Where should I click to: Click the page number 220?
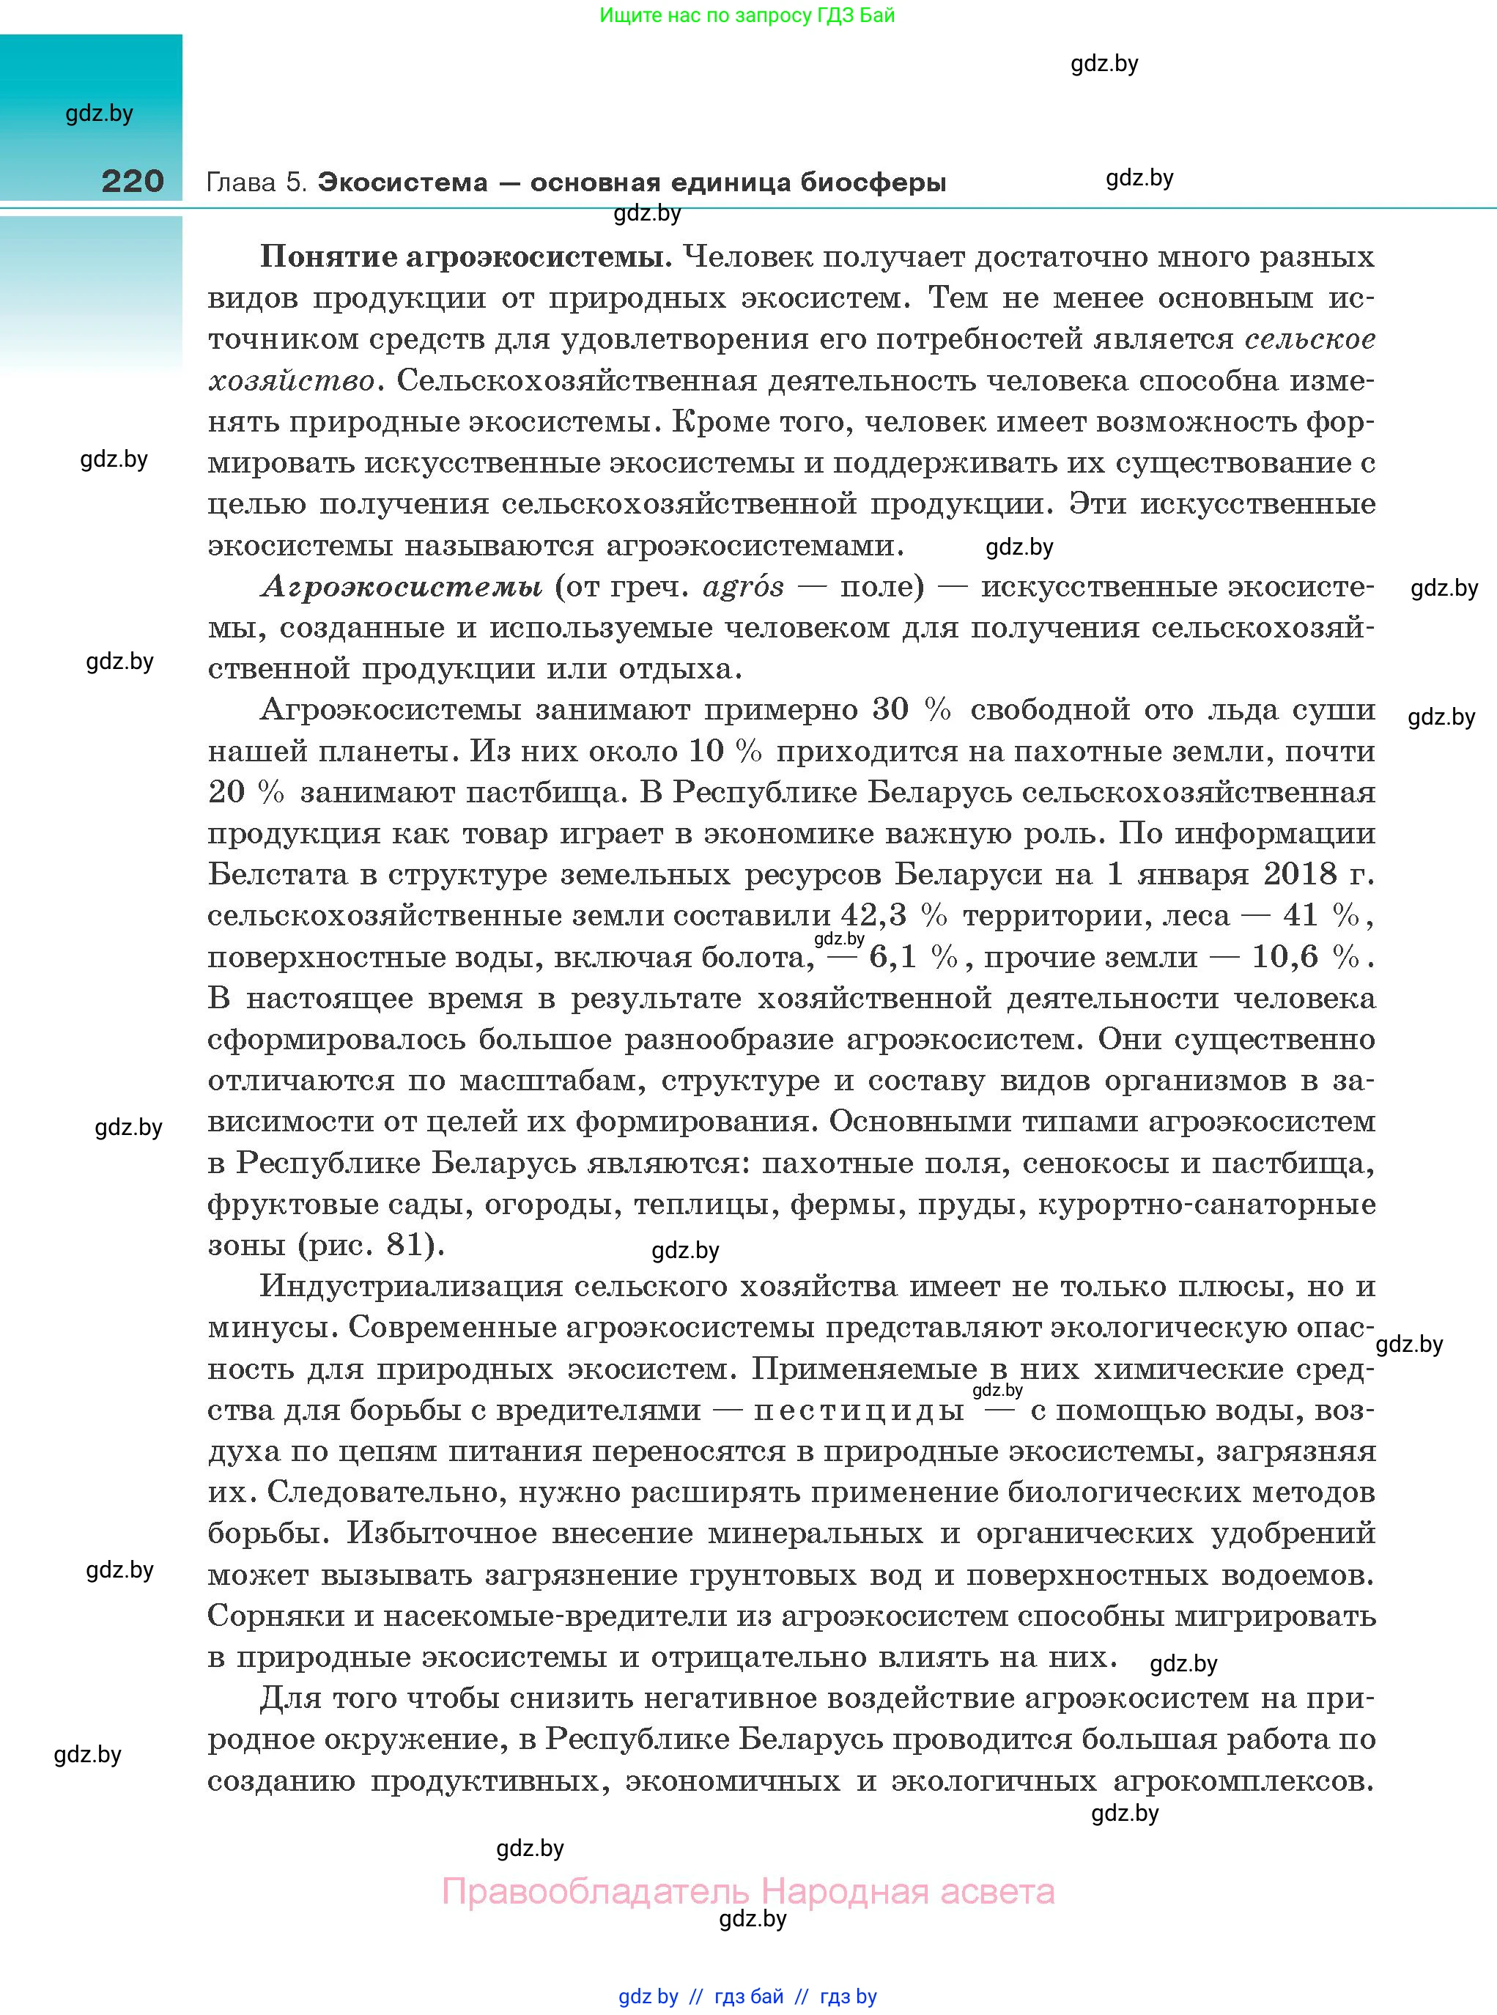click(x=133, y=180)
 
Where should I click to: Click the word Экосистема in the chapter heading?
click(x=403, y=182)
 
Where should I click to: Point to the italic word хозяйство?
click(x=291, y=380)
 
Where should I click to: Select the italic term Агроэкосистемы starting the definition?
click(x=402, y=587)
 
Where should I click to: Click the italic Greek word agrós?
click(x=743, y=587)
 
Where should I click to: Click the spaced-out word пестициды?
click(x=858, y=1410)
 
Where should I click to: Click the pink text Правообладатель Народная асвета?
click(x=747, y=1891)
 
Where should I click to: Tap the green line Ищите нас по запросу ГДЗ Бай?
click(x=747, y=15)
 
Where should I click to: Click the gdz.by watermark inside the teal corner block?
click(x=99, y=114)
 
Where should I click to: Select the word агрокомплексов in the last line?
click(x=1243, y=1781)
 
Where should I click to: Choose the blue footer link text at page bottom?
click(x=747, y=1996)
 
